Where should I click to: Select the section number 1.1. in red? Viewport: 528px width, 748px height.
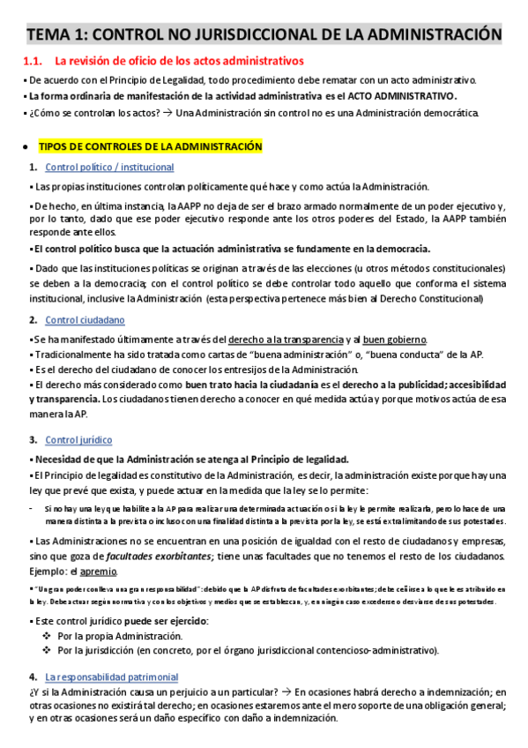(33, 61)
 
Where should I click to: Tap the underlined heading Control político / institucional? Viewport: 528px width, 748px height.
(109, 167)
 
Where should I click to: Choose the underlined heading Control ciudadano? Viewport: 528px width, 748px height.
(85, 319)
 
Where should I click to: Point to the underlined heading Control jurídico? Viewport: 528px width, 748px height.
(78, 439)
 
